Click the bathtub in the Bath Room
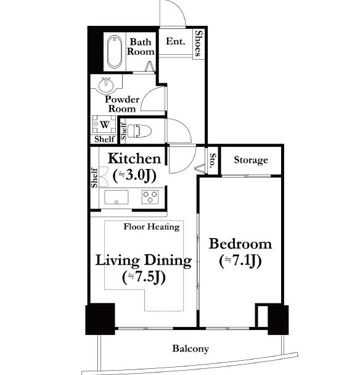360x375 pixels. pos(114,51)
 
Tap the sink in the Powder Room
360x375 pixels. pos(105,84)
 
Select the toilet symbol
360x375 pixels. pos(139,131)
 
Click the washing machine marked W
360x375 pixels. pos(104,125)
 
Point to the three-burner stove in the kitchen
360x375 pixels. pos(150,197)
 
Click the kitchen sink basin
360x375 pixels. pos(117,197)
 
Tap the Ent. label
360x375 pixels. pos(176,41)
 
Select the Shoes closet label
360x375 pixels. pos(198,43)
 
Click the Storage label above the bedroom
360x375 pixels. pos(251,160)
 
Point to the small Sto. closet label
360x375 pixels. pos(213,160)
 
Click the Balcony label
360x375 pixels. pos(190,348)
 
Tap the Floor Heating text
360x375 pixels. pos(152,227)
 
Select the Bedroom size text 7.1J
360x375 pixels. pos(240,261)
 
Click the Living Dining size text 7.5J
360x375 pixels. pos(144,278)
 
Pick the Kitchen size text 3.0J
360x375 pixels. pos(134,176)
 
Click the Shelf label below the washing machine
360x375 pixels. pos(104,139)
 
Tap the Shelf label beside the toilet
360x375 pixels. pos(123,131)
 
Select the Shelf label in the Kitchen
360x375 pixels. pos(95,178)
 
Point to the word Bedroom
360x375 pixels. pos(240,244)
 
